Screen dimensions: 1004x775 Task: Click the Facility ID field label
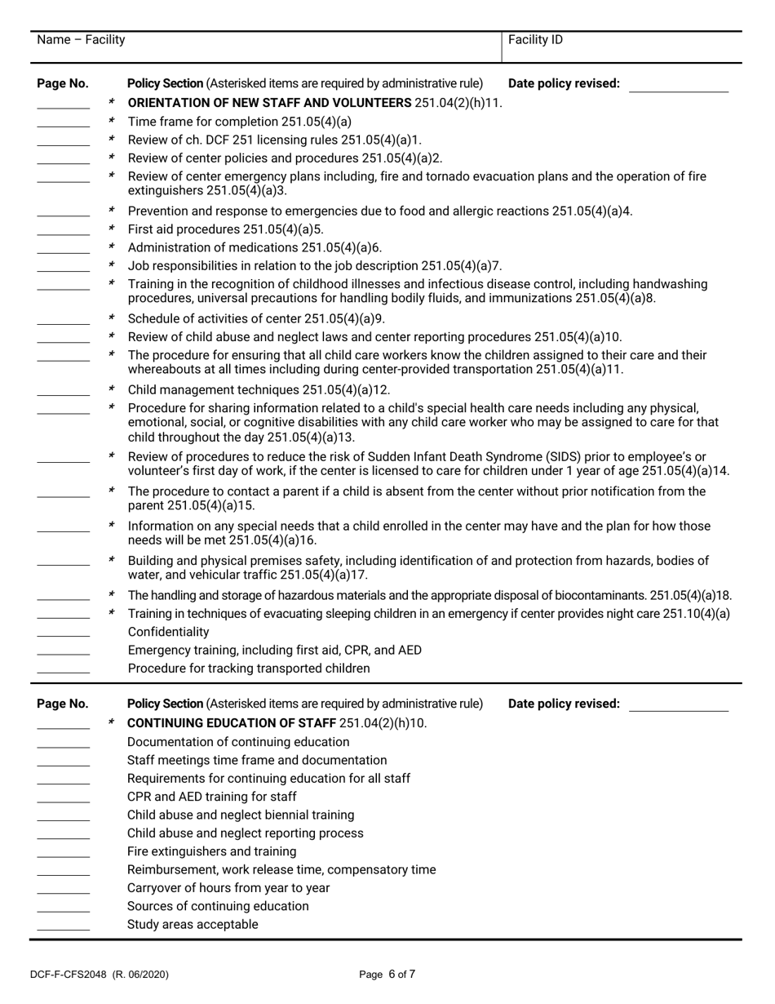[x=534, y=40]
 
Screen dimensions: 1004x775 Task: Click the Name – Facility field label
[x=82, y=40]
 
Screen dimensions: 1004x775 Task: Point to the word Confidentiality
[x=168, y=632]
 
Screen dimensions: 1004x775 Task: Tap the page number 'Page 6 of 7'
[x=387, y=974]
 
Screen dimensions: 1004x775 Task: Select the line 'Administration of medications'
[x=255, y=247]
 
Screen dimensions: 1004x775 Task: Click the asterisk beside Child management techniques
[x=112, y=389]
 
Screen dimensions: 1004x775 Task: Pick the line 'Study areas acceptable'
[x=193, y=925]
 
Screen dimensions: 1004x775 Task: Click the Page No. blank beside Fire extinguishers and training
[x=63, y=852]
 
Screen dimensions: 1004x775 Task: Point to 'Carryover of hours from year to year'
[x=228, y=888]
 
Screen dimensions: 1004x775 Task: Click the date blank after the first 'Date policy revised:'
[x=678, y=85]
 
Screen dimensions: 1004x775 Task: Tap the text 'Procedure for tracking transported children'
[x=248, y=669]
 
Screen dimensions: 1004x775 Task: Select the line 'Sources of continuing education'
[x=218, y=906]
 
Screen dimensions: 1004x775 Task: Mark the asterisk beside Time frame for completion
[x=112, y=121]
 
